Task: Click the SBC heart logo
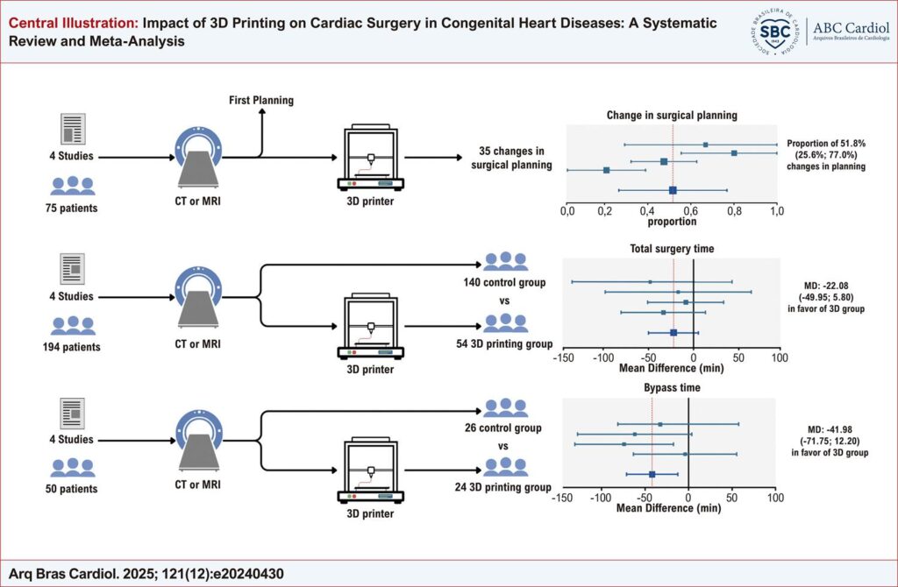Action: tap(773, 32)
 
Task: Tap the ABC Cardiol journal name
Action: tap(851, 27)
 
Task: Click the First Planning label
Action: tap(261, 100)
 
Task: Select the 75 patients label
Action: tap(72, 209)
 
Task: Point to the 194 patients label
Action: tap(72, 347)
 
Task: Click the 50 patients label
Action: tap(72, 489)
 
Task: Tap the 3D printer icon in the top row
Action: tap(371, 158)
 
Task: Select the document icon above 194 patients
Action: tap(72, 268)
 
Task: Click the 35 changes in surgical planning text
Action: tap(511, 158)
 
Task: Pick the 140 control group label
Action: tap(504, 282)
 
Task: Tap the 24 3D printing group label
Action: tap(502, 487)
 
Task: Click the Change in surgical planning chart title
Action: tap(672, 115)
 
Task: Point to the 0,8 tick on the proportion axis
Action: tap(734, 211)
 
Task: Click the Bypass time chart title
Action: tap(672, 387)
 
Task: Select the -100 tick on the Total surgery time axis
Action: tap(603, 357)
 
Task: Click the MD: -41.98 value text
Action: tap(830, 429)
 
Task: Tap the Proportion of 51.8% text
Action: tap(826, 144)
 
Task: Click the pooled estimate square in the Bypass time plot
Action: tap(652, 474)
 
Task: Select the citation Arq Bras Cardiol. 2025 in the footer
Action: tap(146, 574)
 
